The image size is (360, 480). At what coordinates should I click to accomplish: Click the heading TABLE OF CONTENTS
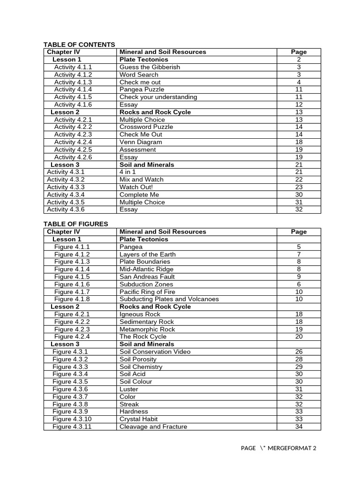[x=79, y=45]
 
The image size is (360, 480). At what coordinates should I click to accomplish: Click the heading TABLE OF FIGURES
[x=75, y=224]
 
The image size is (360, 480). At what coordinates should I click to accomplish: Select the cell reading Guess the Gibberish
[x=150, y=67]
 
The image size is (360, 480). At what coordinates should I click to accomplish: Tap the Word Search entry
[x=139, y=75]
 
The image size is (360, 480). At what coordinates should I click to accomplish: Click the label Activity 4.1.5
[x=73, y=97]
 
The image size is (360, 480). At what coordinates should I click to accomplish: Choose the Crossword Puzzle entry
[x=146, y=127]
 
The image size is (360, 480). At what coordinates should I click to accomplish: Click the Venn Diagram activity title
[x=141, y=142]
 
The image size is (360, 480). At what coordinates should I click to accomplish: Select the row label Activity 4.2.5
[x=73, y=150]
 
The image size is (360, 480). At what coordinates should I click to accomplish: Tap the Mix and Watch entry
[x=142, y=180]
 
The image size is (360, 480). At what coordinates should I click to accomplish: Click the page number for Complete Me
[x=299, y=195]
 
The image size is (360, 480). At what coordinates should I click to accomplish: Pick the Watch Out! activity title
[x=136, y=187]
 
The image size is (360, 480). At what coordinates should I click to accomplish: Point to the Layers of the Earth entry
[x=148, y=254]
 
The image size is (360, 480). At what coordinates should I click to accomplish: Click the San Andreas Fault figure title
[x=146, y=277]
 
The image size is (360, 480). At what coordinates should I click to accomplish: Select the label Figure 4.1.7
[x=72, y=292]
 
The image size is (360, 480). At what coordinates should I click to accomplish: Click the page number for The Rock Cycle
[x=299, y=337]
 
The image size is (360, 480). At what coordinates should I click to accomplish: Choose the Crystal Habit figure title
[x=138, y=419]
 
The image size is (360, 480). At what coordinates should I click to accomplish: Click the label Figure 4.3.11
[x=72, y=427]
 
